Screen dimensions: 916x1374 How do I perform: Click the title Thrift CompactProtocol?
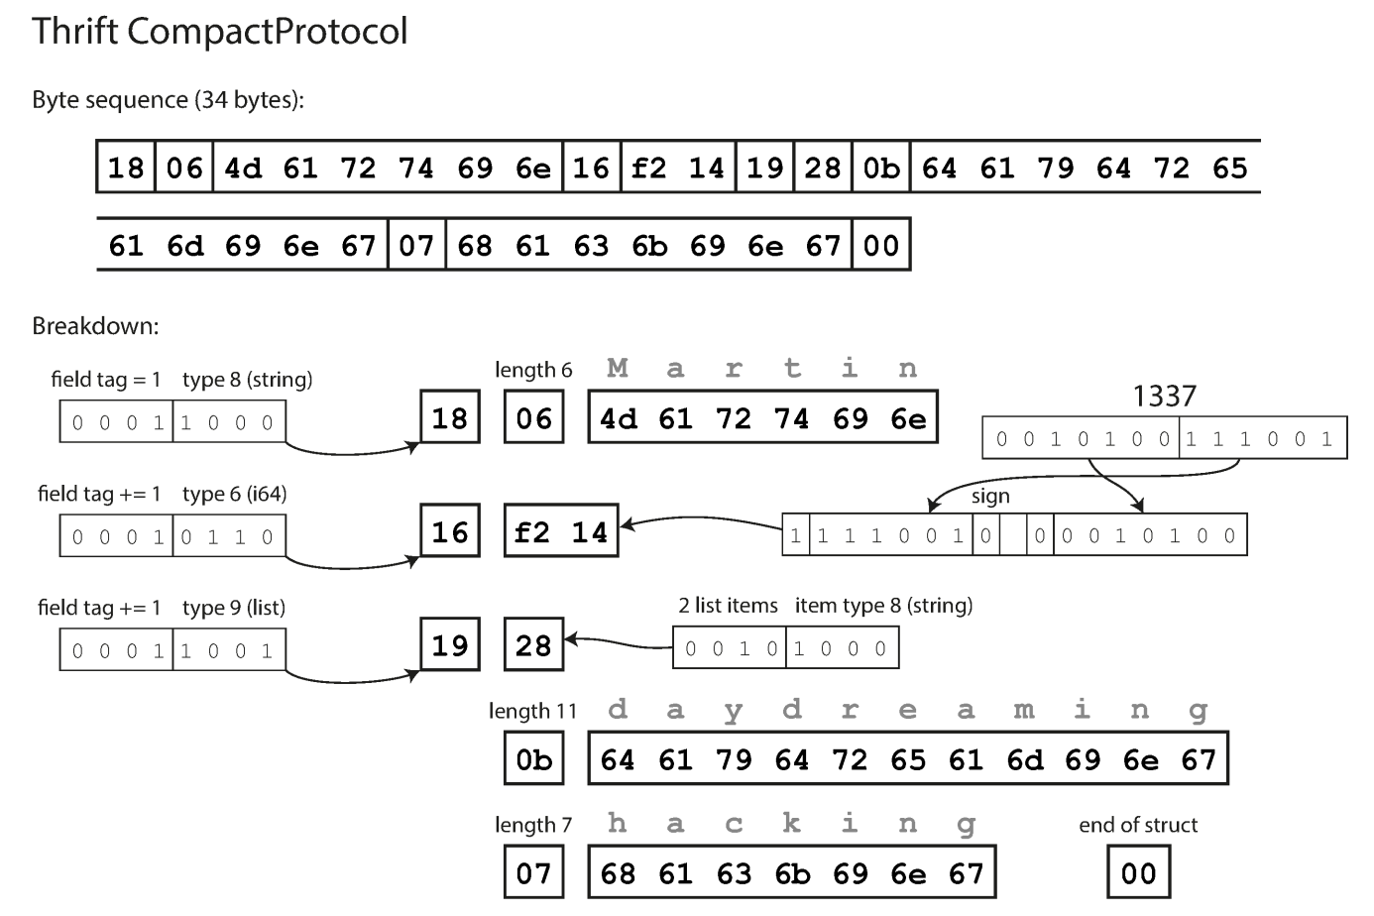click(x=219, y=32)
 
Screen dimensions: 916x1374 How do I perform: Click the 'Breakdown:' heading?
click(x=95, y=326)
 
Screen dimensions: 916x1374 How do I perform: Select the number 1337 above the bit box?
click(x=1164, y=397)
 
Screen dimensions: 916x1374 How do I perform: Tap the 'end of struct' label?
click(x=1138, y=825)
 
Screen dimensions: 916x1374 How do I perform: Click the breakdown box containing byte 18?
click(x=449, y=418)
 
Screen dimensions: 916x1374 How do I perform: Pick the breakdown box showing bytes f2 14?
click(x=561, y=532)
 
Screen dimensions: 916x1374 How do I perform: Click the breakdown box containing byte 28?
click(x=533, y=645)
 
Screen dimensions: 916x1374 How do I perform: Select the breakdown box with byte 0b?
click(x=533, y=760)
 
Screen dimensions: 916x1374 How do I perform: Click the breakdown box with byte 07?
click(x=533, y=873)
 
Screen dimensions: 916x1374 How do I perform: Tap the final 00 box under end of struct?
click(x=1138, y=873)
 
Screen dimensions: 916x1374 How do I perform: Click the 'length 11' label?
click(x=532, y=711)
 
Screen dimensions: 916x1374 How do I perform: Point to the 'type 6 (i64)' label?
click(x=235, y=494)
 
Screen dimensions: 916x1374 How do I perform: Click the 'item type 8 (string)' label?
click(x=883, y=606)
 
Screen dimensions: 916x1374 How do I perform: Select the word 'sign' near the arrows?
click(x=990, y=497)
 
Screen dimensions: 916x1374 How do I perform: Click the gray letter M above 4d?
click(x=618, y=369)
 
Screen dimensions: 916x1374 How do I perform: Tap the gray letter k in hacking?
click(x=791, y=824)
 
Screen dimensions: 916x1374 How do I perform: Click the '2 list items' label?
click(x=729, y=606)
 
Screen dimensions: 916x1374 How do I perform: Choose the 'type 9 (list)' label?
click(x=234, y=608)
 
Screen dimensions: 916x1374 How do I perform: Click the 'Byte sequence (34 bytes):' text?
click(x=168, y=100)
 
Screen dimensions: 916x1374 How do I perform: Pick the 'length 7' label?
click(x=533, y=825)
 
